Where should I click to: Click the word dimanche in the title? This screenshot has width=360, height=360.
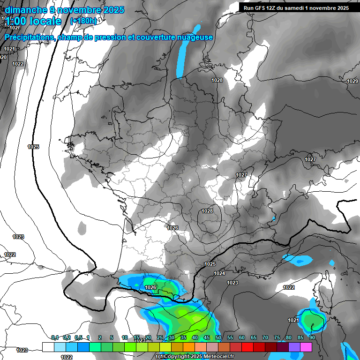click(26, 9)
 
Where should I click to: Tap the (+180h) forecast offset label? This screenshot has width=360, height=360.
click(83, 21)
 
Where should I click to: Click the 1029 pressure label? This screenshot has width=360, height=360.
click(352, 82)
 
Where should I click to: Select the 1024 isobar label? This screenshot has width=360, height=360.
click(219, 273)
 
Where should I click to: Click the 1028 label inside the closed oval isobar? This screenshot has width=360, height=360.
click(207, 211)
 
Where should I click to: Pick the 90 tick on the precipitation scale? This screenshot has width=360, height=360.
click(312, 337)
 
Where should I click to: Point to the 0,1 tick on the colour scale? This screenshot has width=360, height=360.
click(54, 337)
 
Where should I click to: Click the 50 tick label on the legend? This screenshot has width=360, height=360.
click(218, 337)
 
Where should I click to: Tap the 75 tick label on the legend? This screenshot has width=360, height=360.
click(277, 337)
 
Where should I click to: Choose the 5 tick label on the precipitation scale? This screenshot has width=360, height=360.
click(112, 337)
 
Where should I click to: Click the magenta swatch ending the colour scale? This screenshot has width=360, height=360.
click(306, 347)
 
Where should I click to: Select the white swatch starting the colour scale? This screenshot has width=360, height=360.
click(48, 347)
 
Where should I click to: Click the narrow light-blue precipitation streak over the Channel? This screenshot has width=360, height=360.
click(181, 59)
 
